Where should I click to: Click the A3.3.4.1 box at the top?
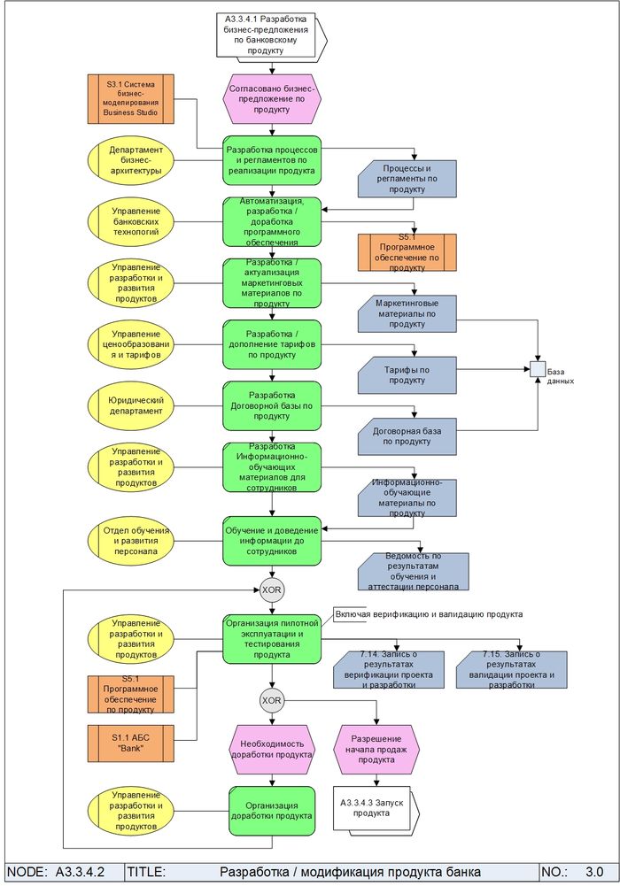point(271,35)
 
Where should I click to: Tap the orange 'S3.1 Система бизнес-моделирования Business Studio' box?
point(131,98)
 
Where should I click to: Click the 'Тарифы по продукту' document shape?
point(407,374)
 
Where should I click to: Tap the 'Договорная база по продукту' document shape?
point(407,435)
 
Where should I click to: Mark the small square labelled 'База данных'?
point(537,368)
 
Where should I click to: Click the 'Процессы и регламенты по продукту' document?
point(407,178)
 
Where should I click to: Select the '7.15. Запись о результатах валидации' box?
point(518,669)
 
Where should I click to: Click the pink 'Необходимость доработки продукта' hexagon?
point(271,749)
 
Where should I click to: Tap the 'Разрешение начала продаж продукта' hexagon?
point(376,749)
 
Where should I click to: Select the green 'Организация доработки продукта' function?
point(271,811)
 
